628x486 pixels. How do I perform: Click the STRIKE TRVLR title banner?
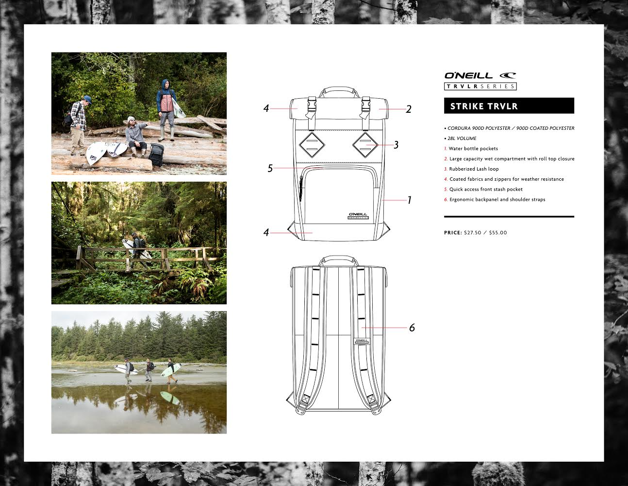509,105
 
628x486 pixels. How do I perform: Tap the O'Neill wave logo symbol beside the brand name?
508,75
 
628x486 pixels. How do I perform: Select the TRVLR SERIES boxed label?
480,86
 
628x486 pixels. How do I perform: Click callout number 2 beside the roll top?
408,109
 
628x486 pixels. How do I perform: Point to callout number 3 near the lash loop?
396,145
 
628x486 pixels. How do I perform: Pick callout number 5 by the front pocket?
270,168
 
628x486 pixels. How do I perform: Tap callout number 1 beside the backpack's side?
409,200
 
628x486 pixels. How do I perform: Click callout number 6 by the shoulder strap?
412,328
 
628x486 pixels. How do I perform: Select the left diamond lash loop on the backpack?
312,145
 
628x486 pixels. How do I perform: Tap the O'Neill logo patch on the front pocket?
358,216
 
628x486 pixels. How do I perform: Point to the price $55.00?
498,233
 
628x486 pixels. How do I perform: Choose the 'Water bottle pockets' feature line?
473,149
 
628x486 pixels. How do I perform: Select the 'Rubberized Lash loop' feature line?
474,169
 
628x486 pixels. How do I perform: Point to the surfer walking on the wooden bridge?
138,249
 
